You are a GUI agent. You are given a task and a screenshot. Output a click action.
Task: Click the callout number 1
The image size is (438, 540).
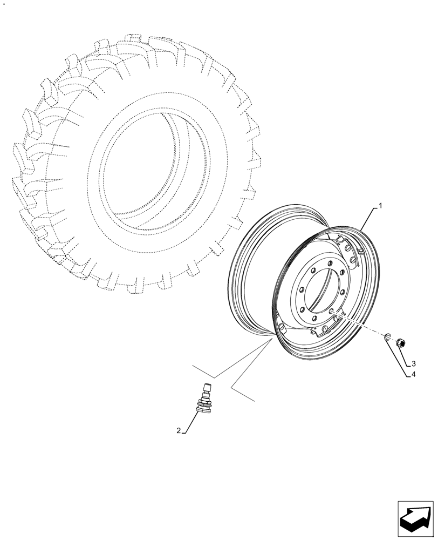[380, 205]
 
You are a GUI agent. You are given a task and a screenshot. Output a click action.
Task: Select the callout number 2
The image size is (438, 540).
[177, 430]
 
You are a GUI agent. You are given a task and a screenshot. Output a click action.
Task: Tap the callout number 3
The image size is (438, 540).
[413, 363]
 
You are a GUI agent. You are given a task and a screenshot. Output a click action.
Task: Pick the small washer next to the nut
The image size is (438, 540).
[388, 337]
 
